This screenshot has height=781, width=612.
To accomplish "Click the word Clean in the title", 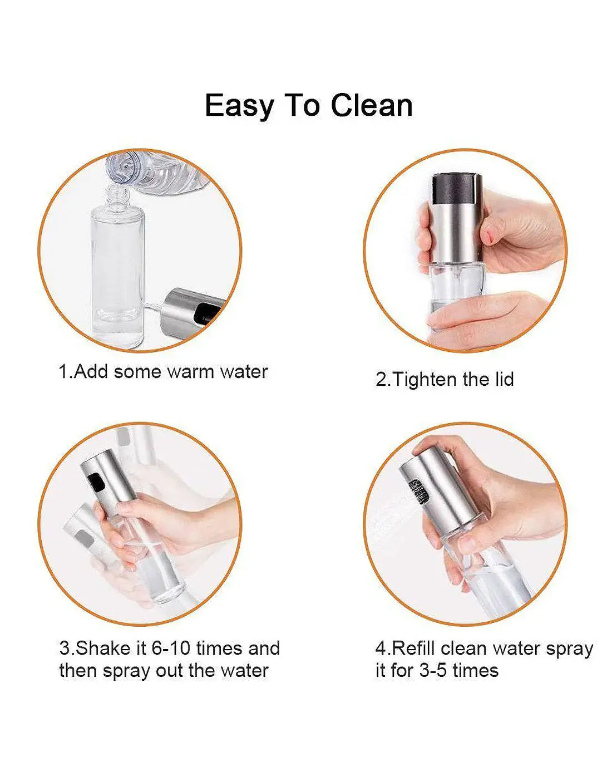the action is pos(372,105).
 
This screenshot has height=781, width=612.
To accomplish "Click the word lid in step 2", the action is pos(504,379).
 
